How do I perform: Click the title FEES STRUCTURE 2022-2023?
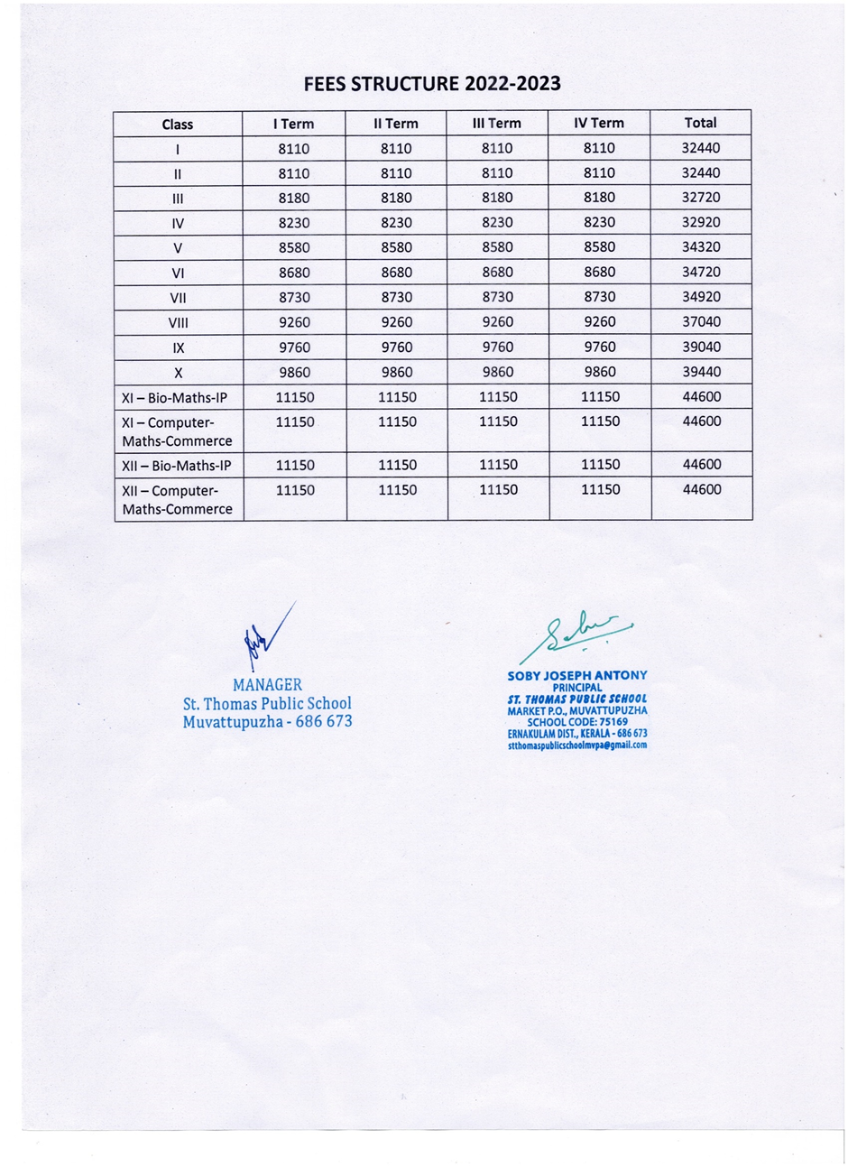(x=432, y=84)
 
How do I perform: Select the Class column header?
(x=177, y=125)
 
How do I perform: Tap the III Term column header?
(x=497, y=124)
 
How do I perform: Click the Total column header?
(x=701, y=123)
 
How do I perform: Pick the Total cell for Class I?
(x=701, y=148)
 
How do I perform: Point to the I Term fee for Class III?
(x=294, y=198)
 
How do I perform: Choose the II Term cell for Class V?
(x=396, y=247)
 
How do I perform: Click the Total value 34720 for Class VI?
(x=701, y=272)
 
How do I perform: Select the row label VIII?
(x=178, y=322)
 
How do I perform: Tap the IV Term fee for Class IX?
(x=600, y=347)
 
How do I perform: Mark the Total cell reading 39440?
(x=701, y=371)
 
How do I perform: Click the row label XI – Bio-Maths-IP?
(x=176, y=397)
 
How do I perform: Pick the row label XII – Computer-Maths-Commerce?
(x=177, y=500)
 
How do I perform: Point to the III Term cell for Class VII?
(x=497, y=297)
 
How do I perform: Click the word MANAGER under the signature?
(x=267, y=685)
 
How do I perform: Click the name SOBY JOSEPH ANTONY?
(x=577, y=675)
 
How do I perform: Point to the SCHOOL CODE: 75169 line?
(x=577, y=721)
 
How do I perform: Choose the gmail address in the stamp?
(x=577, y=746)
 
